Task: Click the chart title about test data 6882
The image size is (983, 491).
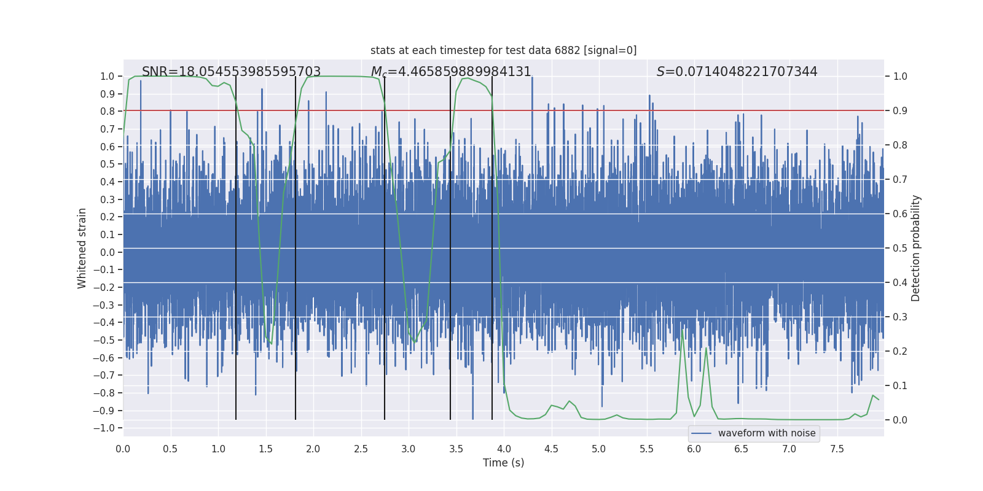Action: pos(503,50)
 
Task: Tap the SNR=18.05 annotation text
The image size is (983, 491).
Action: pos(231,72)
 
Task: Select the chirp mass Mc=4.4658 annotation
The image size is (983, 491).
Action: pos(451,72)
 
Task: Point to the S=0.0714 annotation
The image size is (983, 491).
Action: pos(737,72)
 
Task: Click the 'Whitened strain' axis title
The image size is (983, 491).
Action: pos(82,248)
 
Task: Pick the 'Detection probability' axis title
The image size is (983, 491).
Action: pos(916,248)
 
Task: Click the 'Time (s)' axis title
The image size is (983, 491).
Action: pos(503,463)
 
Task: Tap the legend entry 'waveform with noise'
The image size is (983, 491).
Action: pos(766,433)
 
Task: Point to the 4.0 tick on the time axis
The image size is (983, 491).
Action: pos(504,449)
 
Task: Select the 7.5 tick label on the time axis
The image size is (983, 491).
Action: pos(837,449)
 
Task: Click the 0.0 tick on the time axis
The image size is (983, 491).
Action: pos(123,449)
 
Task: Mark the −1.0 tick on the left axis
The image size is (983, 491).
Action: pos(107,428)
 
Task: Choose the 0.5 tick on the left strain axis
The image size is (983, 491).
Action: pos(108,164)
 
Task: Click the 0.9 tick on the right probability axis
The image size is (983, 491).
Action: pos(900,110)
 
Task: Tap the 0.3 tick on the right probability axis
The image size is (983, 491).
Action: pos(900,317)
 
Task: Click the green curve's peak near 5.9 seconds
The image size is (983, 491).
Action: pos(683,330)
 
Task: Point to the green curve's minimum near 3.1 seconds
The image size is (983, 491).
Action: pos(415,342)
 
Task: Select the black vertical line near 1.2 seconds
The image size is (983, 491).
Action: pos(236,245)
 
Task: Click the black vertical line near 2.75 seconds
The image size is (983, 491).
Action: pos(385,245)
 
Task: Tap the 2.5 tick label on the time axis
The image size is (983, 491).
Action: pos(361,449)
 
